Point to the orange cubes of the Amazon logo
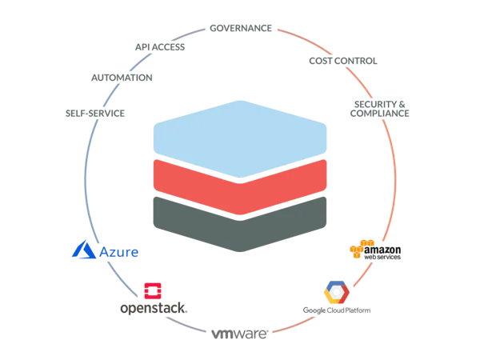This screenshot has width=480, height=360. [x=357, y=250]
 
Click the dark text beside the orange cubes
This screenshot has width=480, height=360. [x=386, y=253]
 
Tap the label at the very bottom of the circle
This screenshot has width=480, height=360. [x=239, y=333]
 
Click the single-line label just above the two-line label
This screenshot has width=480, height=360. [x=342, y=59]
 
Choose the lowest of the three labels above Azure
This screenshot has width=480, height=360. [x=95, y=115]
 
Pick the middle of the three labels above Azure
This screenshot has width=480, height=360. [x=121, y=78]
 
